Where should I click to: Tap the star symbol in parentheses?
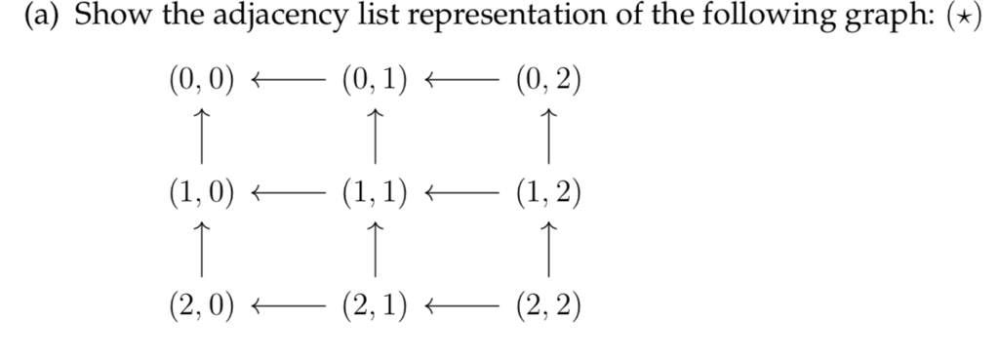pos(971,20)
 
